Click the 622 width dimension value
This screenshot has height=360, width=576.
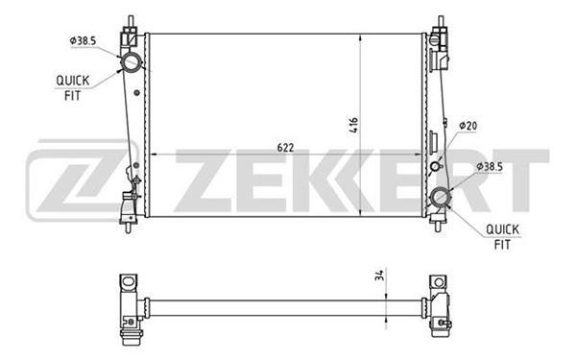tap(285, 148)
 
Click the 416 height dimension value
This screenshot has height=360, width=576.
tap(353, 125)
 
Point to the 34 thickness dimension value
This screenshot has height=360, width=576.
tap(380, 275)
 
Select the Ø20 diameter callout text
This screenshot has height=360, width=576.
tap(468, 126)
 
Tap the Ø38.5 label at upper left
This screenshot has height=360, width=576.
tap(83, 40)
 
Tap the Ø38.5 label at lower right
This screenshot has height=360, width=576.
tap(490, 167)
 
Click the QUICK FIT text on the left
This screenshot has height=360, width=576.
tap(72, 88)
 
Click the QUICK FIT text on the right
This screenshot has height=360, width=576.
tap(502, 237)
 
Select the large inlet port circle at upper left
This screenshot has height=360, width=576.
tap(132, 62)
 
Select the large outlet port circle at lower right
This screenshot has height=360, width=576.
tap(440, 197)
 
